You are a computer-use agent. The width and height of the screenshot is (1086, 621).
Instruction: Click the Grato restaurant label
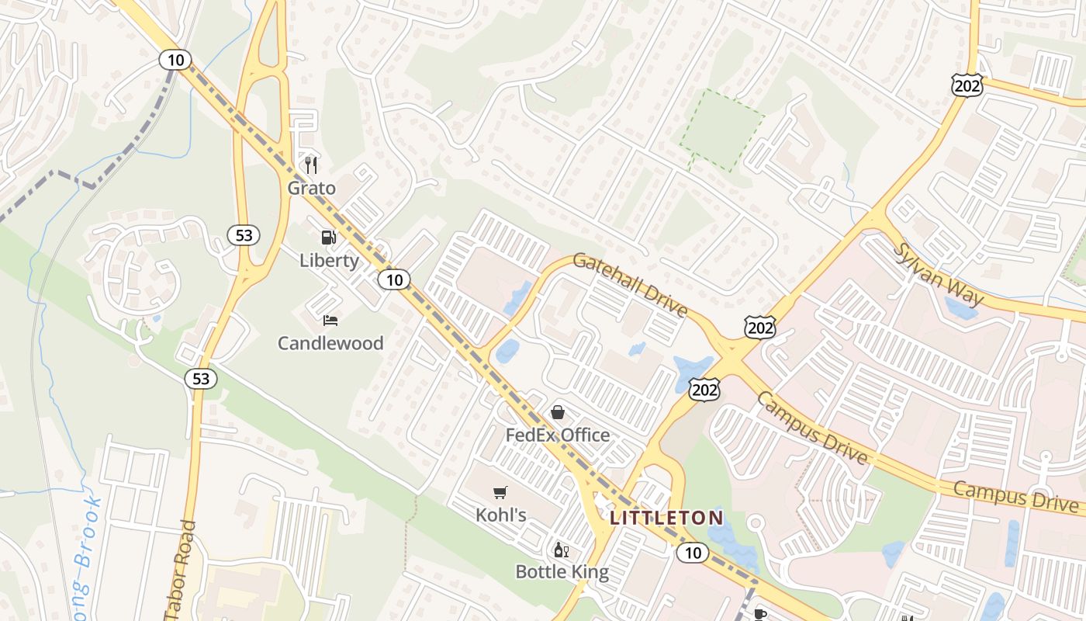click(x=312, y=188)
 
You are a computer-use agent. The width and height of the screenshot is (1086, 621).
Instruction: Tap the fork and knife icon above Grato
click(x=312, y=165)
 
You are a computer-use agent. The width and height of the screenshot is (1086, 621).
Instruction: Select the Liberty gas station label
click(x=330, y=260)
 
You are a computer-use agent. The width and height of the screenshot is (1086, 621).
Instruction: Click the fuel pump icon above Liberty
click(x=330, y=238)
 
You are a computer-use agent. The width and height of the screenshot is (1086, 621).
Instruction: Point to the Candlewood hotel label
click(x=330, y=343)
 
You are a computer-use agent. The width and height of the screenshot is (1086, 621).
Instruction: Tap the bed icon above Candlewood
click(x=330, y=320)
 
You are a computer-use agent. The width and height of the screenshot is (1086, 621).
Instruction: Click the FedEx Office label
click(x=558, y=435)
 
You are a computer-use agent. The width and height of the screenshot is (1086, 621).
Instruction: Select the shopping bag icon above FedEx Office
click(x=558, y=412)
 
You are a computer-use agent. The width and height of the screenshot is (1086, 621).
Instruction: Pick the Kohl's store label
click(x=501, y=515)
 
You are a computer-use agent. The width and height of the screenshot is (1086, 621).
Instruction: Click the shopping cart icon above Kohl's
click(x=500, y=492)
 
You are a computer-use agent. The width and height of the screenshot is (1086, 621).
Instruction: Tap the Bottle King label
click(x=562, y=573)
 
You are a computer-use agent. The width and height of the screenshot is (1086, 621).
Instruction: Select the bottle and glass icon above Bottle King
click(x=562, y=550)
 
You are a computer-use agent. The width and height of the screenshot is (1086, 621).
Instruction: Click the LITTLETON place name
click(x=667, y=518)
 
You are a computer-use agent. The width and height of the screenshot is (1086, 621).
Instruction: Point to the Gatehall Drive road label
click(x=631, y=284)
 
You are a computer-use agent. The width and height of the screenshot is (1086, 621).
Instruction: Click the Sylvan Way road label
click(x=939, y=275)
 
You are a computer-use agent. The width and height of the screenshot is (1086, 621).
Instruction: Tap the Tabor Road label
click(x=181, y=571)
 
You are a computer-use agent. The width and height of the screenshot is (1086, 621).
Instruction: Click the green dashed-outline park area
click(x=721, y=130)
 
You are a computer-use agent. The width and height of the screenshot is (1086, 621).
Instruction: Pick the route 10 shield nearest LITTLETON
click(x=692, y=553)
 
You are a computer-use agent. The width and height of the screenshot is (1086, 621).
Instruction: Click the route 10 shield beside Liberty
click(x=395, y=279)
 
